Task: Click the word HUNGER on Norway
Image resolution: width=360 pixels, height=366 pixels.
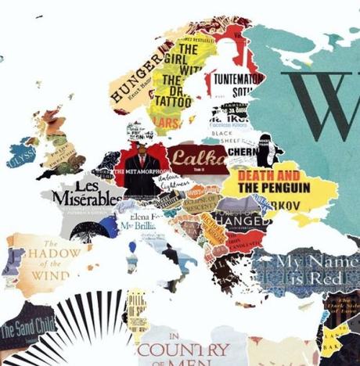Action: (x=139, y=74)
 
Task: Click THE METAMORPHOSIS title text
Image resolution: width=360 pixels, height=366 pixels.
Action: (x=141, y=169)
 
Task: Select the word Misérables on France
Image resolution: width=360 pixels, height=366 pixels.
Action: (x=87, y=199)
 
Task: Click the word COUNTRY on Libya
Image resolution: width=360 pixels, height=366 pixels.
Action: (x=184, y=350)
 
